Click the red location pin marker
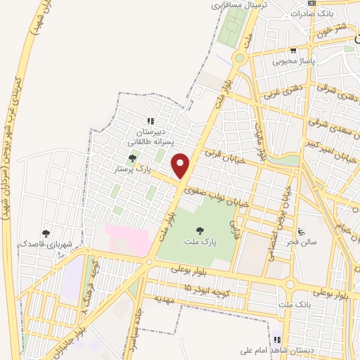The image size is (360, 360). click(181, 165)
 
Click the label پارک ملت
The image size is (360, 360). click(201, 240)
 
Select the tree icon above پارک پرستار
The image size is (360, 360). click(131, 159)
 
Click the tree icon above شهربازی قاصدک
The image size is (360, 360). click(46, 233)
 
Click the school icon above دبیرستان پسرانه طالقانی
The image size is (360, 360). click(149, 122)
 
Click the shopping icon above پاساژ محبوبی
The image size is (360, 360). click(293, 51)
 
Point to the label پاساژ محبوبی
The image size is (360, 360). click(293, 61)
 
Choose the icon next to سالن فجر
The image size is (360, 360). click(302, 231)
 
